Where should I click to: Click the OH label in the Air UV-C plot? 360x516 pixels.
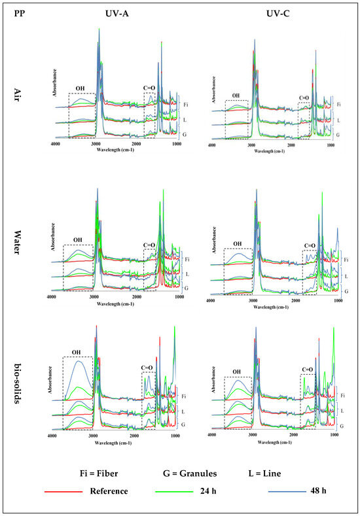pos(236,95)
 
